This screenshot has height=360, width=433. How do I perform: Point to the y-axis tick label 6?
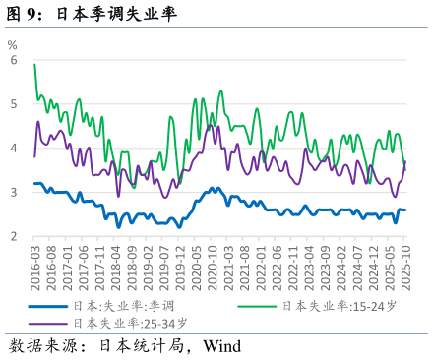pyautogui.click(x=14, y=60)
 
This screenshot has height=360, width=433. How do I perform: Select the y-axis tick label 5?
pyautogui.click(x=14, y=104)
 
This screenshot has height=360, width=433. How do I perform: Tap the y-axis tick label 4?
pyautogui.click(x=14, y=149)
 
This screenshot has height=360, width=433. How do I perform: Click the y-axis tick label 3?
pyautogui.click(x=14, y=193)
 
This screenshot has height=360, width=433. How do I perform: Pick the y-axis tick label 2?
pyautogui.click(x=14, y=237)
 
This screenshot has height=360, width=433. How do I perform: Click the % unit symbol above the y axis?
pyautogui.click(x=12, y=44)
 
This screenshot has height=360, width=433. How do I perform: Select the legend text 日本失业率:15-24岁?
pyautogui.click(x=340, y=306)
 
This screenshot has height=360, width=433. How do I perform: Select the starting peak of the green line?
pyautogui.click(x=35, y=65)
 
